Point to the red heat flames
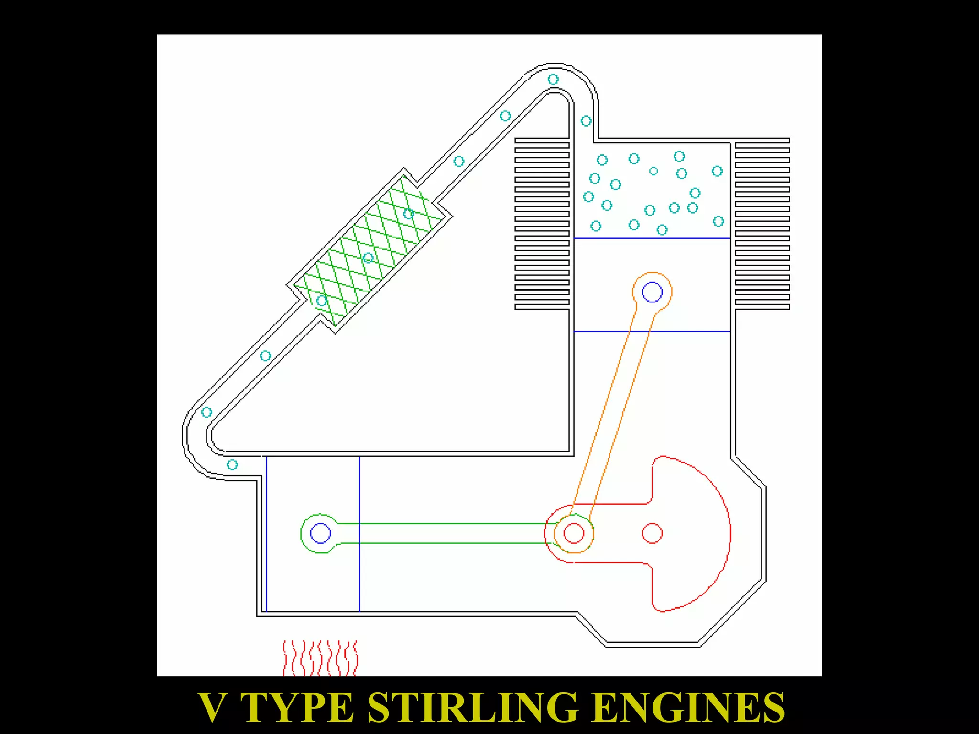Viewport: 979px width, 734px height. [x=320, y=658]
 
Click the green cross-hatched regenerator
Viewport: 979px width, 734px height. [x=368, y=251]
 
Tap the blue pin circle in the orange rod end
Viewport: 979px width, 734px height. [x=652, y=292]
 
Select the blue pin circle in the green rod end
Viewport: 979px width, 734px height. [x=320, y=533]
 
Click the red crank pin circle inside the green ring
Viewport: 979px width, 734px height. [x=574, y=533]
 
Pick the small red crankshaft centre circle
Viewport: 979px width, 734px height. [x=652, y=533]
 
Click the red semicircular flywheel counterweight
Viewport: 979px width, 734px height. [x=693, y=533]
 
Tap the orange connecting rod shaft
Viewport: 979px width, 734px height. [x=612, y=411]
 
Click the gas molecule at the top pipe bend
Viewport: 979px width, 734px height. [x=553, y=79]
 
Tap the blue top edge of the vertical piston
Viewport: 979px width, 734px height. [x=652, y=238]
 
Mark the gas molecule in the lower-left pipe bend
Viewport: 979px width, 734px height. [x=207, y=412]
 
